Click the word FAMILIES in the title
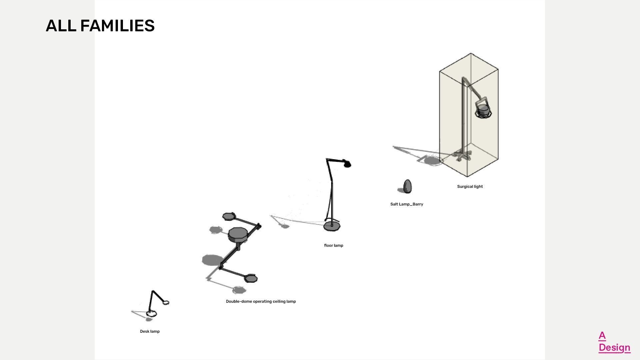(117, 26)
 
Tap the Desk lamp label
(150, 331)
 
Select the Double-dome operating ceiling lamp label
(261, 301)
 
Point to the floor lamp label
(333, 245)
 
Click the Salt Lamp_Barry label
(406, 204)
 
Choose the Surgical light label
(470, 186)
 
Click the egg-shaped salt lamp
(407, 186)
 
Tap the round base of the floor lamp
(332, 227)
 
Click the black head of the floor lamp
(347, 164)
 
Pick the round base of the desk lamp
(151, 314)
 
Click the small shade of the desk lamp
(166, 302)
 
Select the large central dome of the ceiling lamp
(238, 234)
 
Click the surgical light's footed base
(462, 155)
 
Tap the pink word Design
(614, 347)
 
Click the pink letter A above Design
(602, 335)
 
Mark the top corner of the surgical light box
(470, 53)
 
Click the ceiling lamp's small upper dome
(229, 216)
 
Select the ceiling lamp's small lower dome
(251, 278)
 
